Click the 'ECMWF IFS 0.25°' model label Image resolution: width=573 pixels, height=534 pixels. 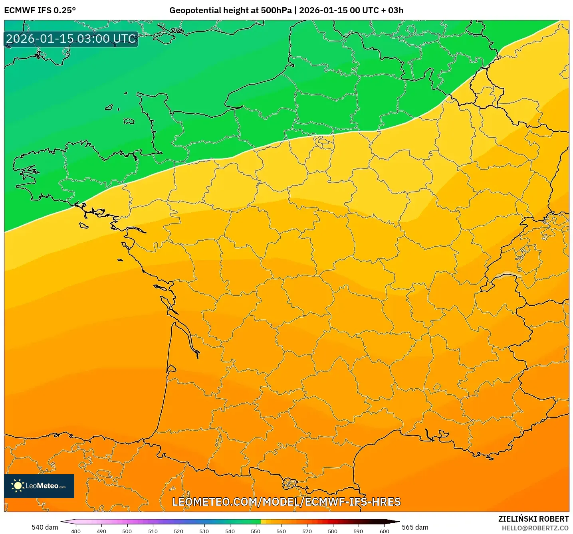(x=40, y=10)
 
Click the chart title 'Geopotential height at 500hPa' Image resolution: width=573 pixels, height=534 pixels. (x=230, y=10)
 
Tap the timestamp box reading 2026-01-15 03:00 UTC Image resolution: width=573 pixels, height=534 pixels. (x=71, y=39)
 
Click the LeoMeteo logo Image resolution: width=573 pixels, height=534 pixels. (x=39, y=486)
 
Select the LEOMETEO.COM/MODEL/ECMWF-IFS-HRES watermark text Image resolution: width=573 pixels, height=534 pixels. (x=286, y=502)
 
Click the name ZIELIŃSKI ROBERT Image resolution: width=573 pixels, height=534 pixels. (x=533, y=519)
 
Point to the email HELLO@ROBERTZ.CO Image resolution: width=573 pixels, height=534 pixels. (x=535, y=528)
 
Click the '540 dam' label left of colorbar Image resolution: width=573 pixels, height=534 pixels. (x=45, y=527)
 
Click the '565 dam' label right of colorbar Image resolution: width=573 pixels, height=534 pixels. (x=415, y=527)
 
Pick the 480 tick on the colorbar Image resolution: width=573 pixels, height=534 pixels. (x=75, y=531)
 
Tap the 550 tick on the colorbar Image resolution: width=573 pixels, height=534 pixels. (x=256, y=531)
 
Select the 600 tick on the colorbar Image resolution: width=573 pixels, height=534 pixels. (x=384, y=531)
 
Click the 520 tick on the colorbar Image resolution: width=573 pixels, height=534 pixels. (x=178, y=531)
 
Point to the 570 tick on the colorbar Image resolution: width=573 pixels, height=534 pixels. (x=307, y=531)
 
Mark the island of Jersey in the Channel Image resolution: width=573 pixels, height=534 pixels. (x=129, y=121)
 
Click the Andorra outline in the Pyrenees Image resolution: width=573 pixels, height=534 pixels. (x=290, y=484)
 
